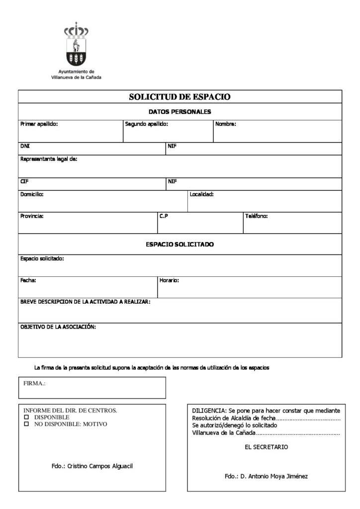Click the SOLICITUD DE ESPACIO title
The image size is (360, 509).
pos(180,97)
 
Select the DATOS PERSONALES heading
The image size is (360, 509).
pos(180,112)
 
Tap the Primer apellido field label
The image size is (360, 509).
pos(39,124)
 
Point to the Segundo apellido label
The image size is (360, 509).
pos(146,124)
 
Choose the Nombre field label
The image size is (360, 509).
pos(225,124)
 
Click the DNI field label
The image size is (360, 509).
pos(25,146)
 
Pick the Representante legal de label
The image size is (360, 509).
pos(48,159)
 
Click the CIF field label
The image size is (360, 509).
pos(24,181)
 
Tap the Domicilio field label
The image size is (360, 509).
pos(32,194)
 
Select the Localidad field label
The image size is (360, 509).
pos(201,194)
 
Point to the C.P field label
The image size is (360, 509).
pos(164,216)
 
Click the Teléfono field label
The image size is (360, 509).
pos(256,216)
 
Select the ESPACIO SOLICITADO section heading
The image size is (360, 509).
pos(180,245)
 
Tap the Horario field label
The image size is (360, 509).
pos(169,280)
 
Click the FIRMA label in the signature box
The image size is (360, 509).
pos(34,383)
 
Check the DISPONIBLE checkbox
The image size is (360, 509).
pos(27,418)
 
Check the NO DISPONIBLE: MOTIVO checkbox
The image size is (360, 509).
pos(27,424)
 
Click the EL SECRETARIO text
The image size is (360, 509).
pos(266,447)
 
